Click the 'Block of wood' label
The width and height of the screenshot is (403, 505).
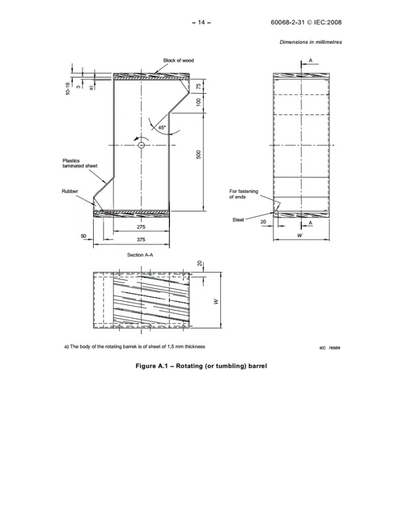(x=178, y=61)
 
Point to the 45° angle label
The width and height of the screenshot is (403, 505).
(x=161, y=127)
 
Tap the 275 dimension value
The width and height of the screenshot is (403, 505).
(x=141, y=227)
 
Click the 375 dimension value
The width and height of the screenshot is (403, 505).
(x=141, y=239)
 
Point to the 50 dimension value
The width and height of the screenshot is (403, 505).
(x=83, y=236)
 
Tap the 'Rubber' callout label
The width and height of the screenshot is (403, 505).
(x=69, y=191)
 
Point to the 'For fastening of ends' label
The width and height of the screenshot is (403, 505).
(x=243, y=194)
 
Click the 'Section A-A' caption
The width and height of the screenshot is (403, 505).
(x=140, y=254)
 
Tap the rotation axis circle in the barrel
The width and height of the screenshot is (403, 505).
(x=141, y=145)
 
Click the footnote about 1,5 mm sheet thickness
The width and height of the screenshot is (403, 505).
(x=134, y=347)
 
